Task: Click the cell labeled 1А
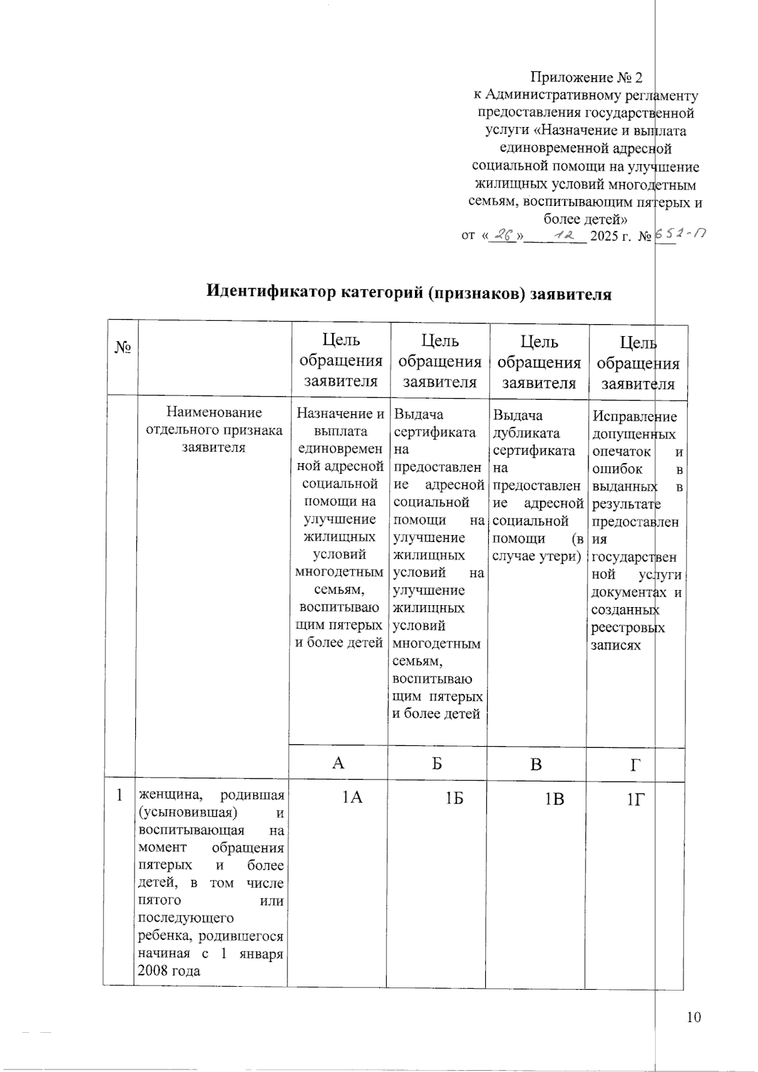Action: (352, 798)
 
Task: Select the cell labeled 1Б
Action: (452, 798)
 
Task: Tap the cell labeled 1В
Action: (554, 799)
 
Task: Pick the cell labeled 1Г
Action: (636, 800)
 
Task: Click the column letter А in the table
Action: (339, 763)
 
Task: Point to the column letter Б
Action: (437, 763)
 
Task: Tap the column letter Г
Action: (635, 765)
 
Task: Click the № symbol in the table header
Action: (123, 347)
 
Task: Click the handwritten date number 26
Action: (503, 236)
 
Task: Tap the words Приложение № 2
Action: (586, 78)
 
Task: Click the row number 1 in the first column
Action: (119, 796)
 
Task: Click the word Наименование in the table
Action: (214, 413)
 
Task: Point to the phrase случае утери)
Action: (536, 557)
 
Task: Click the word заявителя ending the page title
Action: (571, 294)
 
